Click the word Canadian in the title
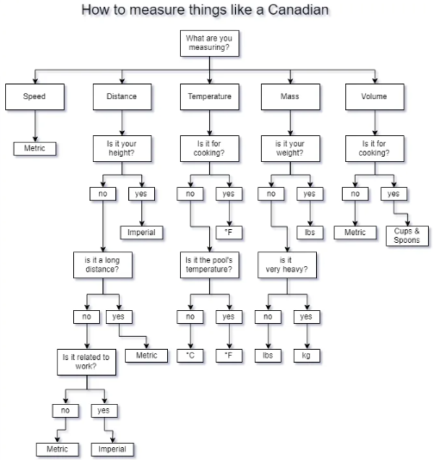(298, 9)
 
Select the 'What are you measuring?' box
(209, 43)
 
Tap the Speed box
(34, 96)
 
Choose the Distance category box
(122, 96)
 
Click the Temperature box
(209, 96)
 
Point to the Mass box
(290, 96)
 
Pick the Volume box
(375, 96)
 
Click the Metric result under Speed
(34, 148)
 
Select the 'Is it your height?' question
(122, 148)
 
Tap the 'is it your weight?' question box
(290, 148)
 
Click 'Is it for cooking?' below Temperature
(209, 148)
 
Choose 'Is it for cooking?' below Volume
(375, 148)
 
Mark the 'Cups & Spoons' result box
(407, 236)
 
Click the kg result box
(307, 356)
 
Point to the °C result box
(190, 356)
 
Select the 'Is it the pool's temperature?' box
(209, 264)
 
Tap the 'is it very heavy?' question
(287, 264)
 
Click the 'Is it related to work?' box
(86, 362)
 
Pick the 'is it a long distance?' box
(102, 264)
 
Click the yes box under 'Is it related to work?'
(104, 411)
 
